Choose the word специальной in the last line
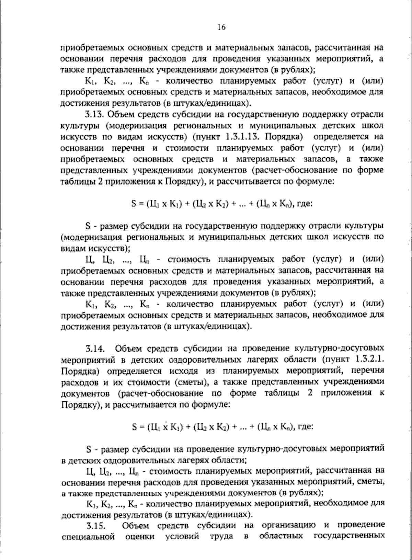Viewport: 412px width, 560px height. pyautogui.click(x=88, y=536)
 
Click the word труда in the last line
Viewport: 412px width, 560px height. pyautogui.click(x=221, y=536)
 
